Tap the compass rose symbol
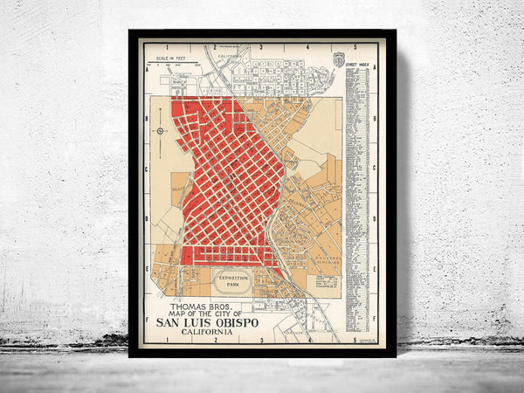pos(160,131)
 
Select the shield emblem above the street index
pos(340,59)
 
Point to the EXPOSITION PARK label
pos(230,281)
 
